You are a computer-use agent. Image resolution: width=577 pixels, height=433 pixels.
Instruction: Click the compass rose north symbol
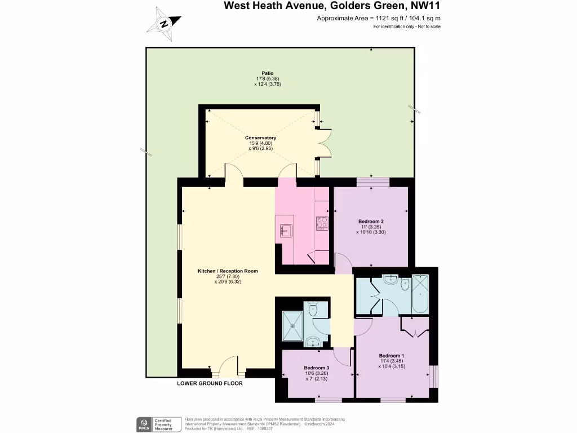pos(164,24)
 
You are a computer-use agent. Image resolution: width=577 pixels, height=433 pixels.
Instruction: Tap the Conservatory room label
pos(260,138)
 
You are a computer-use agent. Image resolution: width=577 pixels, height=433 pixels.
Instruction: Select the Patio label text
pos(268,73)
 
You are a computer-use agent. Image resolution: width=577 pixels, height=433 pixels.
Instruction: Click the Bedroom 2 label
pos(371,221)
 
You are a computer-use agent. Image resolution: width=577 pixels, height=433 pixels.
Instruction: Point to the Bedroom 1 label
pos(391,356)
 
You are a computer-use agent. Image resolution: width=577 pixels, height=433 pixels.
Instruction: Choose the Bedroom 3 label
pos(316,368)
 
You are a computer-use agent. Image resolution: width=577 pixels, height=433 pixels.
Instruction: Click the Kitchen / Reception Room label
pos(228,271)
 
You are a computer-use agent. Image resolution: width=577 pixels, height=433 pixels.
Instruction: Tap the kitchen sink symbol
pos(286,230)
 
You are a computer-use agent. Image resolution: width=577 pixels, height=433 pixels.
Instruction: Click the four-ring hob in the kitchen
pos(322,223)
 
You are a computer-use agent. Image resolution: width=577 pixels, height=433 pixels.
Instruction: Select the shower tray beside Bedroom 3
pos(292,324)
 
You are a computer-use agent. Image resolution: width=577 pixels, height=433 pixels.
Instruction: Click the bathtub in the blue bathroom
pos(420,294)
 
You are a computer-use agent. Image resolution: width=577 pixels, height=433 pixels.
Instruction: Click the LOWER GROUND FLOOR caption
pos(210,383)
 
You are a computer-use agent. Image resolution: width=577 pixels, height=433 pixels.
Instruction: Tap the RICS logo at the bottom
pos(143,424)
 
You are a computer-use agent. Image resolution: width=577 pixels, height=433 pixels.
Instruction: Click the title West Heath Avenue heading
pos(331,6)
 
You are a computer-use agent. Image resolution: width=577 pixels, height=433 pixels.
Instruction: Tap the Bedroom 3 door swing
pos(341,355)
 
